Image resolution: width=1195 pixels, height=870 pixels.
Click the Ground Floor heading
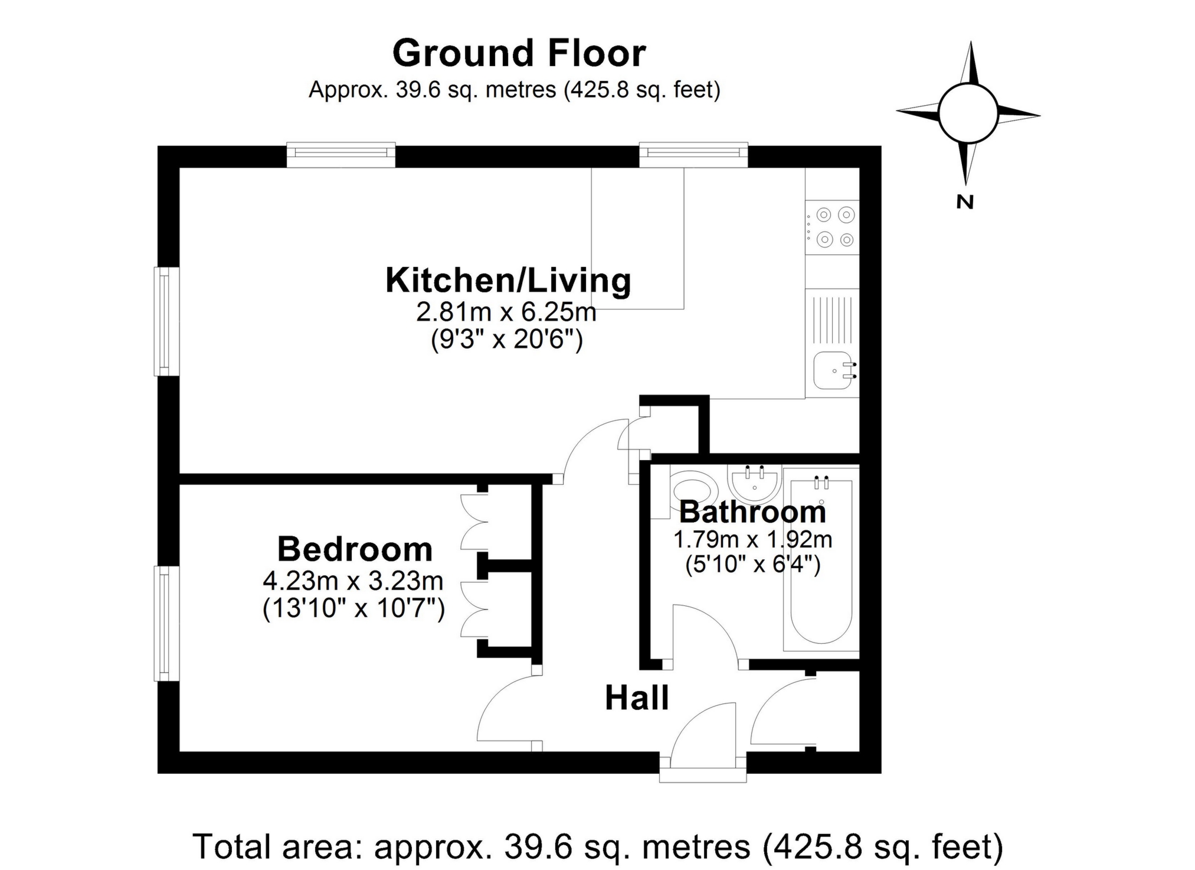[519, 53]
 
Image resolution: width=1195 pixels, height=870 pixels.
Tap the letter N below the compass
[964, 202]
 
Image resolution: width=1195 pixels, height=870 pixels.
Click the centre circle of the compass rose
[967, 113]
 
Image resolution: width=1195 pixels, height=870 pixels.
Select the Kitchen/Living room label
[508, 281]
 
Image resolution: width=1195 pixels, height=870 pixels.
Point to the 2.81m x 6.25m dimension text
[506, 312]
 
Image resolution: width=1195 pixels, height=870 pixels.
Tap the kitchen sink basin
[833, 371]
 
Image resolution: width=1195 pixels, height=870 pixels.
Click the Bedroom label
[355, 549]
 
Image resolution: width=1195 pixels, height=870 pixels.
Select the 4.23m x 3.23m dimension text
[353, 581]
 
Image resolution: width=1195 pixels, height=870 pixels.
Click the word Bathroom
[752, 511]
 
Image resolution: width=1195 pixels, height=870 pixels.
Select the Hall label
[637, 698]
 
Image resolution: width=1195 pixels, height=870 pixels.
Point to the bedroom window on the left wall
[166, 623]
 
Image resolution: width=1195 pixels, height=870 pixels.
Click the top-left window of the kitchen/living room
[341, 153]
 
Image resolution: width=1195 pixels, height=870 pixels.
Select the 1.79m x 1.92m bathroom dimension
[752, 539]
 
